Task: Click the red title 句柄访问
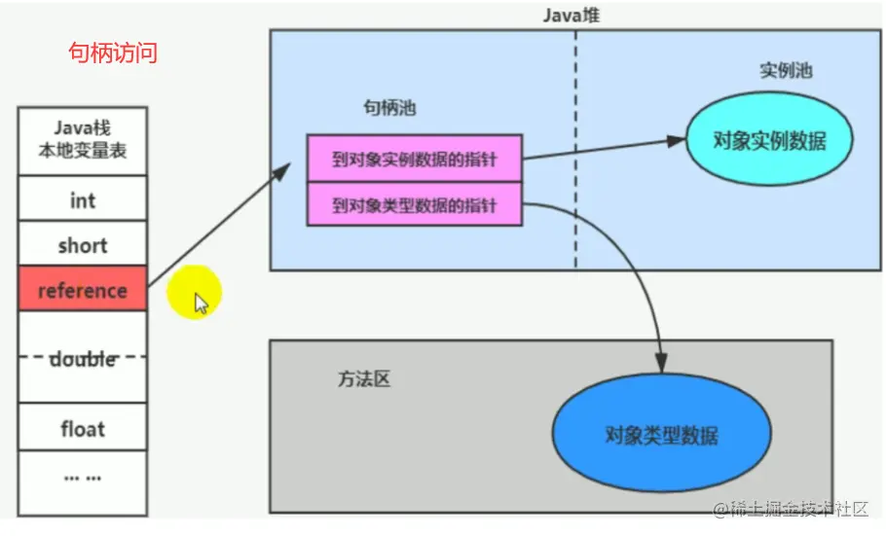coord(112,53)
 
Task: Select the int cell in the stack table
coord(83,200)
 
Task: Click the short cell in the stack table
coord(83,245)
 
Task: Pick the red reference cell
coord(83,290)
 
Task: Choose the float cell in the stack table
coord(83,428)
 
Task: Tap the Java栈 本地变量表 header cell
coord(83,140)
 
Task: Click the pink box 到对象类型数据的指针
coord(415,205)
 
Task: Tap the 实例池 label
coord(786,71)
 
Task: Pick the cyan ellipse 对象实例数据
coord(769,140)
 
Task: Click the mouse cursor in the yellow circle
coord(202,304)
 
